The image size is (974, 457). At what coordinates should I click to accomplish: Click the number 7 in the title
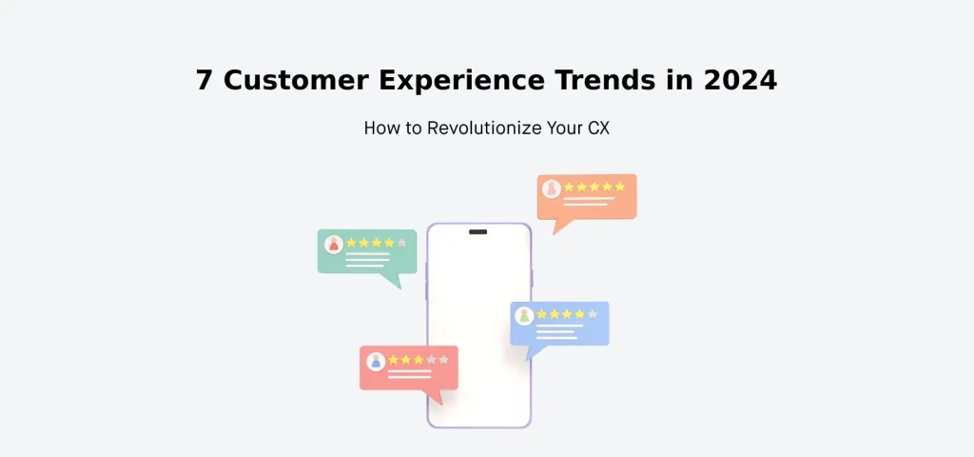pos(205,81)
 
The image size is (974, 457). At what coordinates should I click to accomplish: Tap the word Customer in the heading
pos(295,81)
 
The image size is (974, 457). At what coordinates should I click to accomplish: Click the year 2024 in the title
pos(740,81)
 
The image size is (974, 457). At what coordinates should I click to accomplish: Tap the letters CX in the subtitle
pos(598,128)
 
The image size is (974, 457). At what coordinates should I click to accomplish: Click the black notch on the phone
pos(478,231)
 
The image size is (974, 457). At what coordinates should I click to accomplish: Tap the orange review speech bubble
pos(586,198)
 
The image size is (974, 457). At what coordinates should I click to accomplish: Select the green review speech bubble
pos(367,253)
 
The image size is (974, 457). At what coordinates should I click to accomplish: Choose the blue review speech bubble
pos(559,325)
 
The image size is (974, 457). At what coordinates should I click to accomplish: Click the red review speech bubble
pos(409,368)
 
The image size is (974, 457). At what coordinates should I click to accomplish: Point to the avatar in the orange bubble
pos(551,189)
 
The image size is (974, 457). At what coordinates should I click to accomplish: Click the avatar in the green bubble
pos(333,244)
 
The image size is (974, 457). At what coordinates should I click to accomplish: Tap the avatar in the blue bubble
pos(524,315)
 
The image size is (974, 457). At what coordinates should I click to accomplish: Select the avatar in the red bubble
pos(376,361)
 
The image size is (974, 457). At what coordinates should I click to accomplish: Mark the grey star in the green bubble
pos(401,243)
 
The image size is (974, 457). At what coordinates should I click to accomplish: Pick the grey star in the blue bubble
pos(593,313)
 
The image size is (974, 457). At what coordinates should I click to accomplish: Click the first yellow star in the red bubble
pos(393,360)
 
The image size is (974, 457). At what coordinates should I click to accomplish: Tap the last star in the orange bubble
pos(619,187)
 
